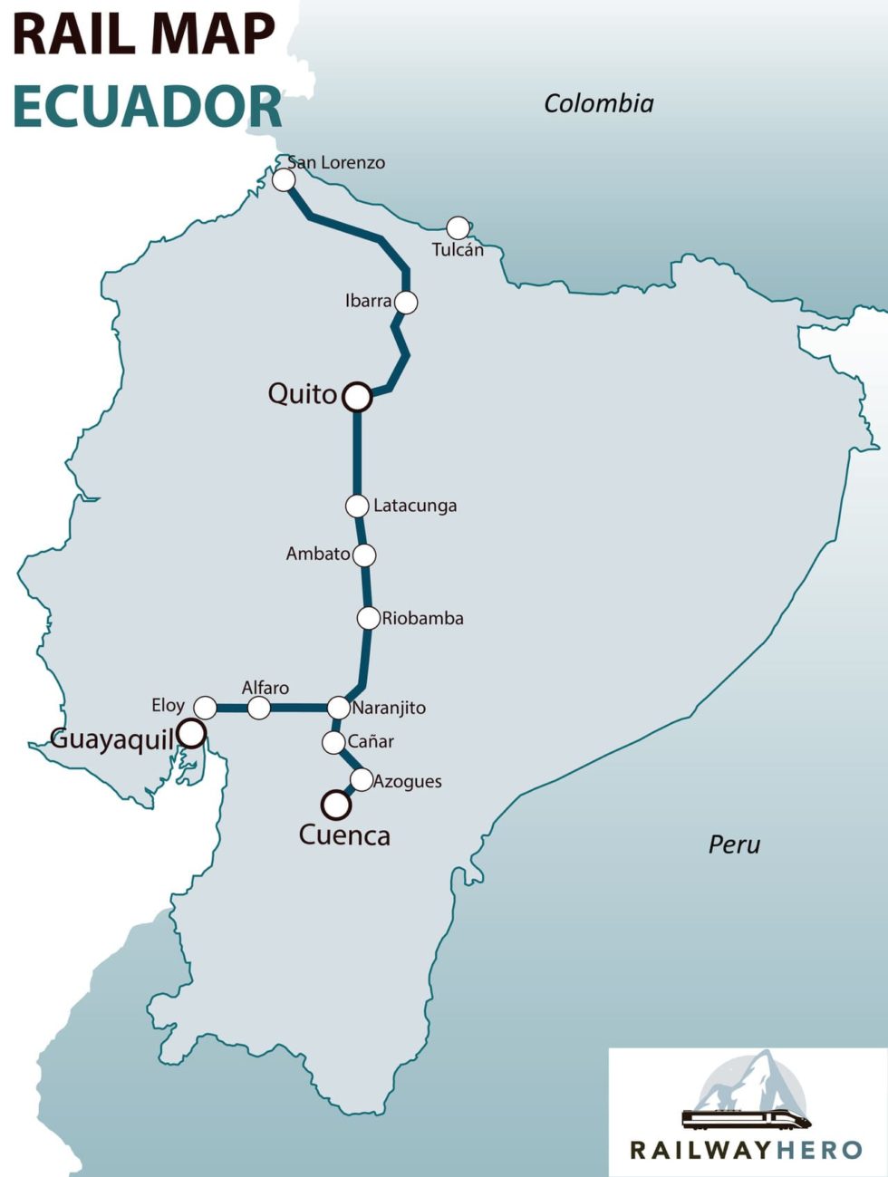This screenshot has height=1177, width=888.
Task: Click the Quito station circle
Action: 358,396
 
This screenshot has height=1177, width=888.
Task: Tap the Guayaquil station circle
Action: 191,733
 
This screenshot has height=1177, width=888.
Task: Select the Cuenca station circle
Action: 336,804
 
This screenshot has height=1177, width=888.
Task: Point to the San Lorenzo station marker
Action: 284,180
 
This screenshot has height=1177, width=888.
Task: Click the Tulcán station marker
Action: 458,227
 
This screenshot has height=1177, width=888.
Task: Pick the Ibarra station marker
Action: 407,302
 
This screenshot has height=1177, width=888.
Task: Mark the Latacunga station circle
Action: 358,506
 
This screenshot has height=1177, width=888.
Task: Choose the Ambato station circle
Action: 364,555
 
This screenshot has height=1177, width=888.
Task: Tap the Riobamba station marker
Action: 368,618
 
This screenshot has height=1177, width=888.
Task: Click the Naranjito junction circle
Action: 338,708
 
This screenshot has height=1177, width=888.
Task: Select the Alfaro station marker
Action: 259,708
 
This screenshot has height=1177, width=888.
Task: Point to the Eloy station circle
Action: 206,707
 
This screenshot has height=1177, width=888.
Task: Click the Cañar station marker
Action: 333,743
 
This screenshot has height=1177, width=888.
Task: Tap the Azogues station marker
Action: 361,779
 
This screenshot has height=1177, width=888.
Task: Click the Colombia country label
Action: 598,103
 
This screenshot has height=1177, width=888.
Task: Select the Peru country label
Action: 734,844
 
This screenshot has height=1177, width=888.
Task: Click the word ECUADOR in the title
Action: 148,107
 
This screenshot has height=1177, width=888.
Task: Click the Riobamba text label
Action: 422,619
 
